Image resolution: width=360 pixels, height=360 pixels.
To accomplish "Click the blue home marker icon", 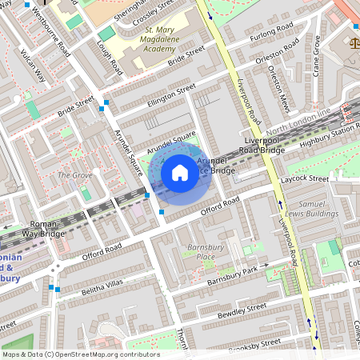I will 180,173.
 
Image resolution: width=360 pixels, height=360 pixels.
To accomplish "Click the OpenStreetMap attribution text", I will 81,354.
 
